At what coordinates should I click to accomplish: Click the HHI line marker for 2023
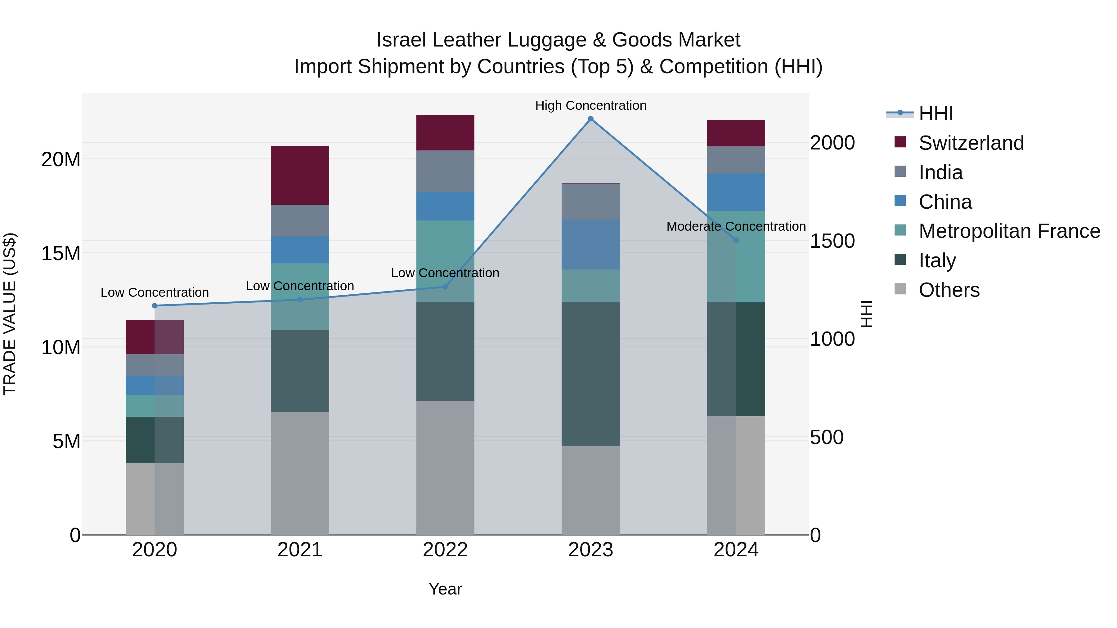click(590, 119)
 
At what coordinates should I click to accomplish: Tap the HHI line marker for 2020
click(155, 305)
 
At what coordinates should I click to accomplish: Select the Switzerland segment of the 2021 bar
click(300, 175)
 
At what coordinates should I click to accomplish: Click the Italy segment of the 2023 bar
click(590, 374)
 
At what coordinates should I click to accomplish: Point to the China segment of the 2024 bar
click(736, 192)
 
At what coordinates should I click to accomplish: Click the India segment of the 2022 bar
click(445, 171)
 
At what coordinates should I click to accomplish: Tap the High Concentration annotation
click(590, 105)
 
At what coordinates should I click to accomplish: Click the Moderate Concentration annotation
click(736, 226)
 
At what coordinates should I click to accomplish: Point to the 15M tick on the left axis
click(61, 254)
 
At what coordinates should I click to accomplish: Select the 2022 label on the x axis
click(445, 550)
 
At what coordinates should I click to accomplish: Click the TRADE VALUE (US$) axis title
click(10, 314)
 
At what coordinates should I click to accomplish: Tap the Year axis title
click(445, 589)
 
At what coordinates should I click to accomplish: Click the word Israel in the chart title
click(401, 40)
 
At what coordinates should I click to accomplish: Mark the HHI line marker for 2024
click(736, 240)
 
